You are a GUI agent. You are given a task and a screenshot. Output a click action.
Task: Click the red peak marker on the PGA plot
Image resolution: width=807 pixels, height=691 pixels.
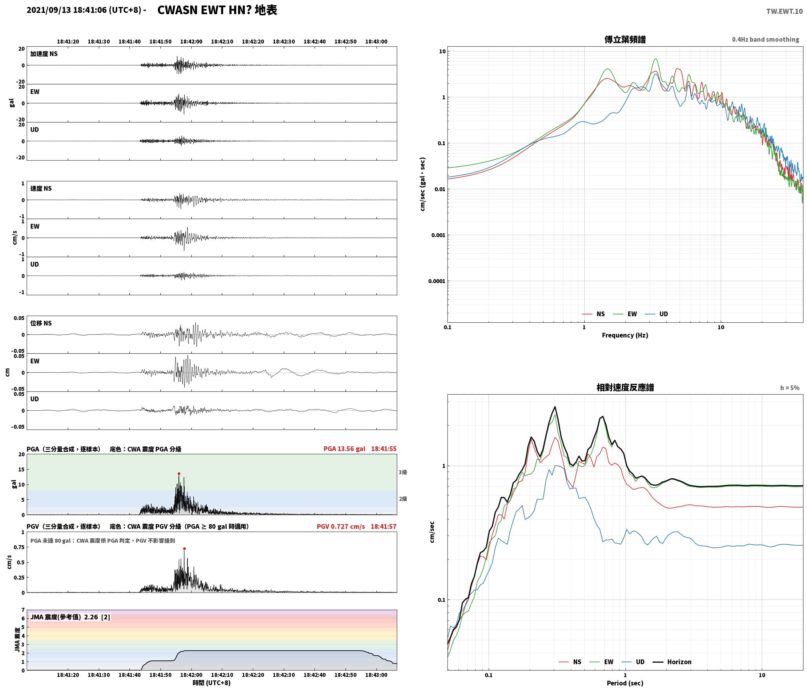click(179, 473)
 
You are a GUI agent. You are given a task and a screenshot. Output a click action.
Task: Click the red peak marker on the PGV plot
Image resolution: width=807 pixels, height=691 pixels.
click(184, 548)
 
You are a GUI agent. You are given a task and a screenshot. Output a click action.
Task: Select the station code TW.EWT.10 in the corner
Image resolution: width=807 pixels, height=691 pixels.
click(784, 11)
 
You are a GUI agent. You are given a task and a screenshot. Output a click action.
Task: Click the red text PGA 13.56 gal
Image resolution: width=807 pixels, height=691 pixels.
click(344, 449)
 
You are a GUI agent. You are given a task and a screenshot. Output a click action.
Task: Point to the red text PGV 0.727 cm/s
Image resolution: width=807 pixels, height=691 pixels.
click(340, 526)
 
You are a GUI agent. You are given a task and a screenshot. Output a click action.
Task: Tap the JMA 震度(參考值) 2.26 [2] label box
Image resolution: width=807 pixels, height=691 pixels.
click(70, 617)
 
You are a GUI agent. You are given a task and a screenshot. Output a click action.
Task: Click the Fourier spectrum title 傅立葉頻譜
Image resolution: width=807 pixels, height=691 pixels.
click(625, 39)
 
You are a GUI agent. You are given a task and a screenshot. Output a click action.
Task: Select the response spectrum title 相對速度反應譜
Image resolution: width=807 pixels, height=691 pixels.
click(625, 387)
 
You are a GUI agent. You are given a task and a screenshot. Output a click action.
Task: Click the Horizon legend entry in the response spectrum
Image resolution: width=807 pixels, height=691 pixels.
click(672, 662)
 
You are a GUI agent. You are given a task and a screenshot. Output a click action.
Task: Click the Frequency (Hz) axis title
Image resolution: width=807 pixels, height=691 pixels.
click(625, 335)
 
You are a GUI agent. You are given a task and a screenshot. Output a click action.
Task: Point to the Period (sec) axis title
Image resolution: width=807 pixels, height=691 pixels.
click(625, 683)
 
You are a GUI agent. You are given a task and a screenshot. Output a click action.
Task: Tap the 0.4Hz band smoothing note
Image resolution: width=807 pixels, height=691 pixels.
click(765, 39)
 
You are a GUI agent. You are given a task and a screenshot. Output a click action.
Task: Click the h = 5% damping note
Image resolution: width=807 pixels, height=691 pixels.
click(790, 388)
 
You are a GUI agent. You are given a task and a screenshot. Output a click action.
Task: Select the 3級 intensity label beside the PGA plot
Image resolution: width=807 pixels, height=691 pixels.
click(403, 472)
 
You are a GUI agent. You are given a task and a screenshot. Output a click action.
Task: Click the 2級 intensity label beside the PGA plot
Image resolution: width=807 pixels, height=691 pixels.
click(403, 499)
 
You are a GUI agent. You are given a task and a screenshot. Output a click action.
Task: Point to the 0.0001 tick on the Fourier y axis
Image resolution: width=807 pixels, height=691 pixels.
click(436, 281)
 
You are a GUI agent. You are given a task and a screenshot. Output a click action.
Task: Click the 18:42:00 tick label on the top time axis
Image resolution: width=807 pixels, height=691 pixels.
click(191, 41)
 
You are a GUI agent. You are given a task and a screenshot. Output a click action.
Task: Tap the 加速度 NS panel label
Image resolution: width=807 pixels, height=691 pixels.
click(44, 54)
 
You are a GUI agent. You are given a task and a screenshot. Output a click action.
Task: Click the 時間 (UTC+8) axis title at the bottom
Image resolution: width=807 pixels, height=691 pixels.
click(212, 683)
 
